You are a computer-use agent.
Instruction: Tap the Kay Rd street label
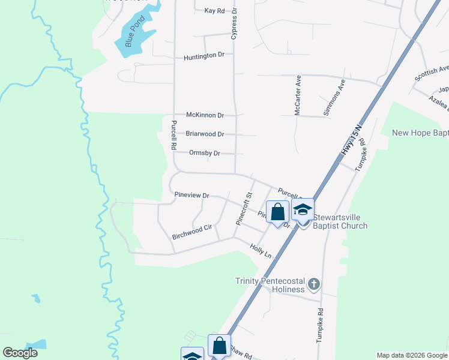click(214, 11)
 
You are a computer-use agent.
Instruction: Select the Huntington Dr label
click(204, 55)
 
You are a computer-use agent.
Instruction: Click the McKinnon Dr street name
click(205, 115)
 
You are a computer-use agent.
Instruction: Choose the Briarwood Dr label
click(205, 134)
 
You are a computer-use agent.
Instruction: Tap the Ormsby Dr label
click(205, 153)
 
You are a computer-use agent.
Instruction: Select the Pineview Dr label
click(191, 196)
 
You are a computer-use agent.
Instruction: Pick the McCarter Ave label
click(298, 95)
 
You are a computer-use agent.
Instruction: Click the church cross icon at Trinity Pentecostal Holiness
click(314, 283)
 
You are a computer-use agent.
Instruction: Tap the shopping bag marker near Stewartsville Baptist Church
click(277, 212)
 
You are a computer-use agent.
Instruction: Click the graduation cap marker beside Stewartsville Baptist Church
click(303, 210)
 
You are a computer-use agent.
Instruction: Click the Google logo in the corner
click(20, 353)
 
